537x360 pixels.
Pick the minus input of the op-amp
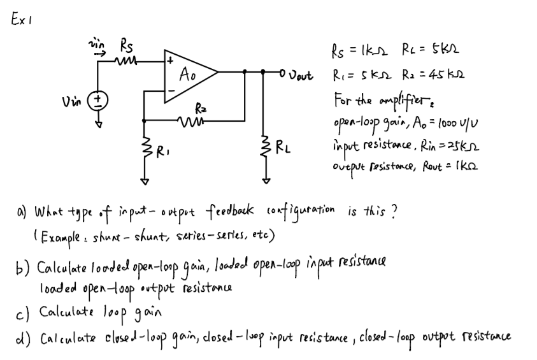(169, 89)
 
